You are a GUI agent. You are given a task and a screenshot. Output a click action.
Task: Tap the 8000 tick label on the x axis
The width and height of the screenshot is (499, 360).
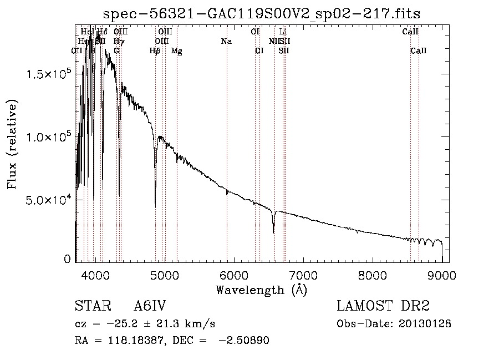tap(373, 275)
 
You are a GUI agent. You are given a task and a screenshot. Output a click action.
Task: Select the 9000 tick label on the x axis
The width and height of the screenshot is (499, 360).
tap(442, 275)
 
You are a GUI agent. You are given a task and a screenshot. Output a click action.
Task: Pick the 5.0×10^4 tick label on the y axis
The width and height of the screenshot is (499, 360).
tap(49, 200)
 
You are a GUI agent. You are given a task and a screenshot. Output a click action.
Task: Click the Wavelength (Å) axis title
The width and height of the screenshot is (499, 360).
tap(261, 290)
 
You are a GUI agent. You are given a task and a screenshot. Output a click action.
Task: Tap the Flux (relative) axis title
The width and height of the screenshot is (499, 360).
tap(12, 144)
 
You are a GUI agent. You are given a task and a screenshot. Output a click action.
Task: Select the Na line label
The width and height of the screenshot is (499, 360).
tap(226, 42)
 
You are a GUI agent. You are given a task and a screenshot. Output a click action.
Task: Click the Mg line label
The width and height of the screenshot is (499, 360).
tap(177, 51)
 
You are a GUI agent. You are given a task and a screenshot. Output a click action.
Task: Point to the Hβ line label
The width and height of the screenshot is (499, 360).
tap(155, 51)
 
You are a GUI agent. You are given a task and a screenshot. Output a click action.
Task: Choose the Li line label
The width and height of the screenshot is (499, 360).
tap(283, 32)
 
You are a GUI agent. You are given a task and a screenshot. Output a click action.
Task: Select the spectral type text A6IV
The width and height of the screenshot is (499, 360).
tap(150, 307)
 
